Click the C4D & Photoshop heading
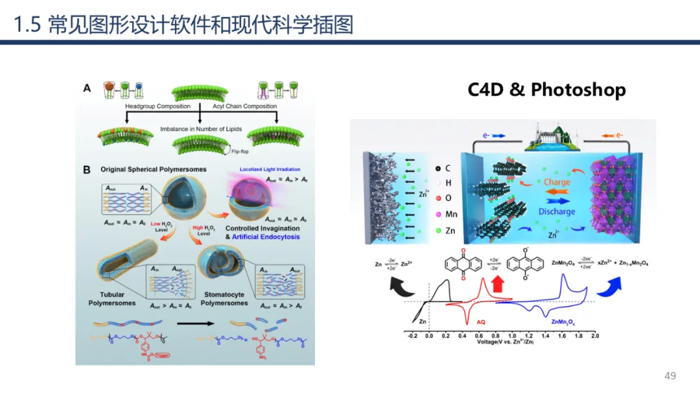546,89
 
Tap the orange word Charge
557,182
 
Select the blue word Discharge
556,211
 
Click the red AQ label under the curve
481,321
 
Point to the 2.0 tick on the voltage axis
594,336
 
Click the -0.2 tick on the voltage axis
413,336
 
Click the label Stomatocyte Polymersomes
224,299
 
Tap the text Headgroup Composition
157,106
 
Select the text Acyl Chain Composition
245,106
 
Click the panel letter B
86,170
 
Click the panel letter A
87,89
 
